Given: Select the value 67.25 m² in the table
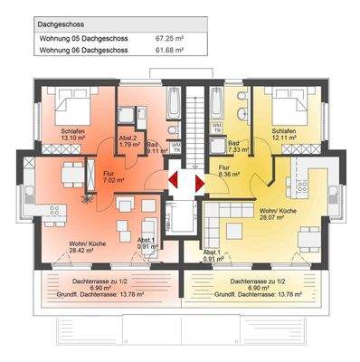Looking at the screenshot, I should pos(170,39).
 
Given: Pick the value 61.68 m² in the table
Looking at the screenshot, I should pos(170,51).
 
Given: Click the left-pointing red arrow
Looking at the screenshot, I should pos(171,183).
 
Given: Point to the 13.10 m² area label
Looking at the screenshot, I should pos(74,138).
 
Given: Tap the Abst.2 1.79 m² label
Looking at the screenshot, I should pos(128,141).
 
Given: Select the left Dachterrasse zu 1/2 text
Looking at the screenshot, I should pos(108,281).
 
